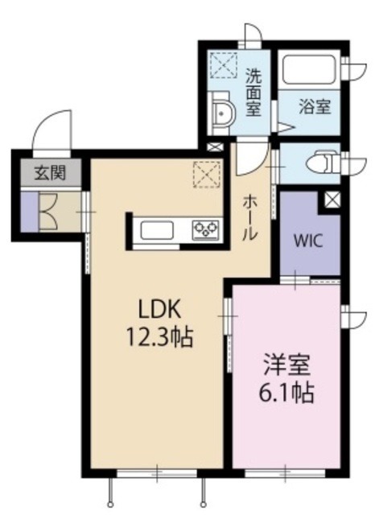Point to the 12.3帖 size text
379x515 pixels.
(160, 336)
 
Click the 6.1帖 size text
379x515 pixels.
(286, 394)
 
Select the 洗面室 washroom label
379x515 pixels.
(253, 92)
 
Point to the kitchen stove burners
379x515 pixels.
(205, 231)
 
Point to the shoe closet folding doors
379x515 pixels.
(47, 211)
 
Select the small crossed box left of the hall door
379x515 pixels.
(214, 148)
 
